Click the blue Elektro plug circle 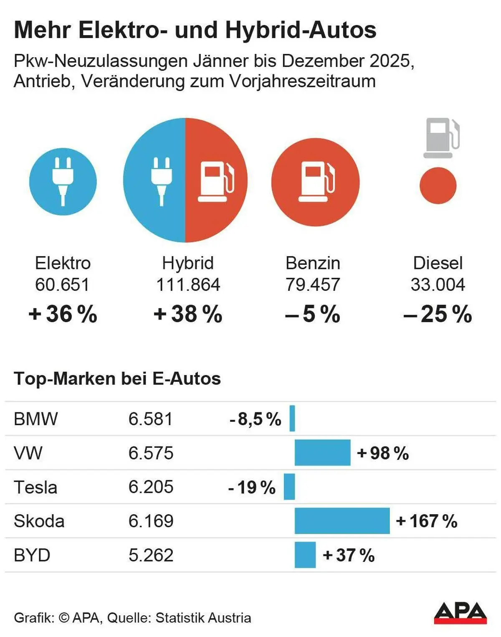click(63, 182)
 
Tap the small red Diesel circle click(438, 185)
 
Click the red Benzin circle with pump click(315, 182)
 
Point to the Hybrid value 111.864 click(188, 285)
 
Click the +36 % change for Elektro click(63, 314)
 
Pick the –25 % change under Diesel click(438, 314)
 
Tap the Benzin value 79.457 click(313, 285)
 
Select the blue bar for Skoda click(342, 521)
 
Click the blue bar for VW click(322, 453)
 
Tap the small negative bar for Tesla click(289, 487)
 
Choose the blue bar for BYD click(305, 555)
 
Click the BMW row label click(36, 419)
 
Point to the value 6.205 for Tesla click(151, 487)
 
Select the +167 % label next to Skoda click(426, 521)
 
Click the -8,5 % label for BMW click(255, 419)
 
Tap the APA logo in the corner click(460, 613)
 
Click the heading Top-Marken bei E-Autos click(117, 379)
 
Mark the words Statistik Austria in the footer click(203, 618)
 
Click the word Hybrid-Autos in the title click(301, 30)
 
